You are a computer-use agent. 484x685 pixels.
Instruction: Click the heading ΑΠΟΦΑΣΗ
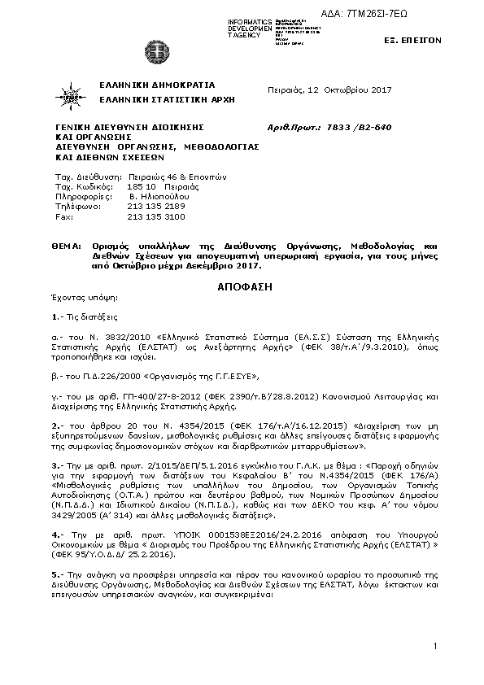pos(241,287)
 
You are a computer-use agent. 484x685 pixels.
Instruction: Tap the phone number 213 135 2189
pos(156,207)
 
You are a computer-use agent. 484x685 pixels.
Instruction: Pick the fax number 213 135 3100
pos(156,217)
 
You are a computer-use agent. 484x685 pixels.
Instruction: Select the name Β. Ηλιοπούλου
pos(159,197)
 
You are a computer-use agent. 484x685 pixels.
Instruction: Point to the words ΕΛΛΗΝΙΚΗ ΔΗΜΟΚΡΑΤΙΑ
pos(156,84)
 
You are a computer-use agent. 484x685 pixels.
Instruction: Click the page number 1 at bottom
pos(436,646)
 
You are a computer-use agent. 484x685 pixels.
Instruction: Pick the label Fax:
pos(63,217)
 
